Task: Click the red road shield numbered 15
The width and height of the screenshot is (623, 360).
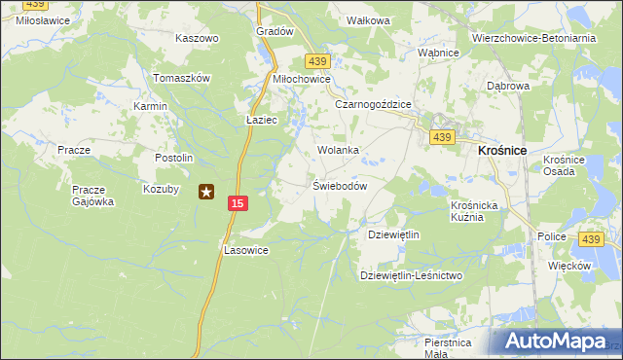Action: tap(238, 202)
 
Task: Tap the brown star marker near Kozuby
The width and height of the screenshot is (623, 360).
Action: tap(206, 192)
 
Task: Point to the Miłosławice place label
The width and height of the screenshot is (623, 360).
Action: tap(33, 18)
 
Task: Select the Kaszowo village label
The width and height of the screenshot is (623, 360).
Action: tap(197, 39)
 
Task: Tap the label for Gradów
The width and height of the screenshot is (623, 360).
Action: tap(275, 31)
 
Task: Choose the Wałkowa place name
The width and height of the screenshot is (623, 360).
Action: tap(368, 20)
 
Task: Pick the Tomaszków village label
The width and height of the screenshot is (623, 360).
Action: tap(182, 78)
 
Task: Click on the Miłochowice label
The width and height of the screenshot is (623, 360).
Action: tap(302, 80)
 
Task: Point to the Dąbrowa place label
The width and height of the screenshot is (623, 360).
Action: tap(508, 86)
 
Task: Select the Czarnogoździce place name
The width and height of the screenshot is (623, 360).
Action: tap(374, 104)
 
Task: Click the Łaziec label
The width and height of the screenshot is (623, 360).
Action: tap(263, 120)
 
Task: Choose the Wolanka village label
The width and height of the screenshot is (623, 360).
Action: tap(339, 151)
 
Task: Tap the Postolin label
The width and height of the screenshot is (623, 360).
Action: tap(175, 158)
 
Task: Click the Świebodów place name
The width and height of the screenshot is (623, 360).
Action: tap(339, 186)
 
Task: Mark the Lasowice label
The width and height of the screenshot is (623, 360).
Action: tap(245, 250)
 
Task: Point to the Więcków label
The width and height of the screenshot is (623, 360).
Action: tap(570, 266)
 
